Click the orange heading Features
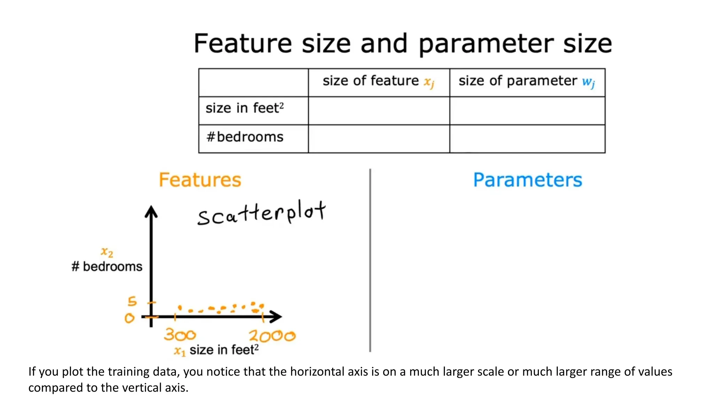coord(200,180)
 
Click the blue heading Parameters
coord(527,180)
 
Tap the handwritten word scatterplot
coord(261,213)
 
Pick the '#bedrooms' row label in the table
coord(245,137)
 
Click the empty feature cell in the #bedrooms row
coord(379,139)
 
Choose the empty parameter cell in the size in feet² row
coord(527,110)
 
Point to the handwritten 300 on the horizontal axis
coord(180,335)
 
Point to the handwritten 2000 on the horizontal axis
coord(272,336)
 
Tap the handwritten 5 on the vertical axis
coord(132,301)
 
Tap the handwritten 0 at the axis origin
coord(130,318)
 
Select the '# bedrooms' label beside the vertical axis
coord(107,267)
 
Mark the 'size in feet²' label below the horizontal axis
coord(224,349)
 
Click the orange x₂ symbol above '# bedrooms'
coord(107,252)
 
